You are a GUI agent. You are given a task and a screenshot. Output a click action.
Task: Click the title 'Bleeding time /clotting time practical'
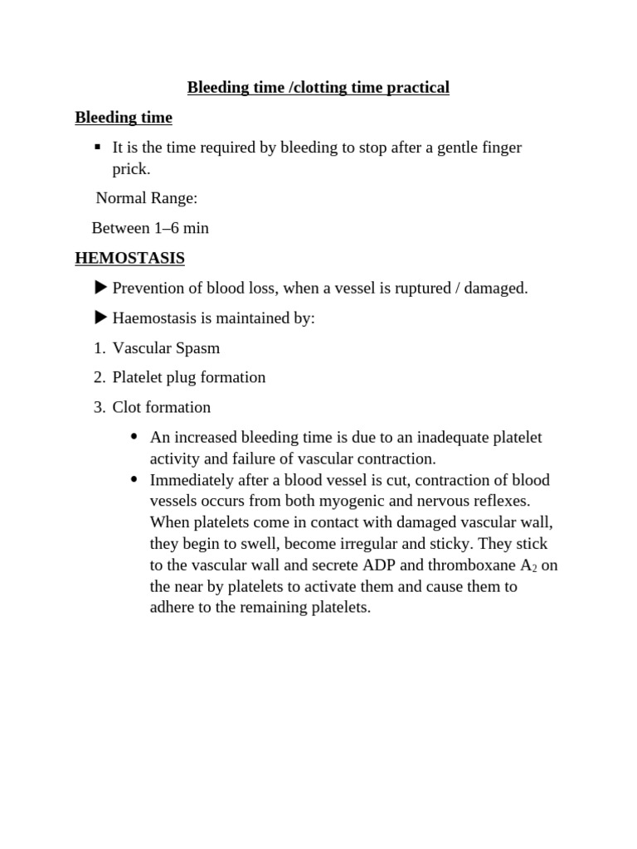point(318,88)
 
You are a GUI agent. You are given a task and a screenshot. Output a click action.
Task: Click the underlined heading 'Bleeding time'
point(124,118)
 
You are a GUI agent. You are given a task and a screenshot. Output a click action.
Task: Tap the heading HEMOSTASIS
point(129,259)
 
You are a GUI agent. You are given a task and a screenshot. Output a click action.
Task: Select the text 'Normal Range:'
point(147,198)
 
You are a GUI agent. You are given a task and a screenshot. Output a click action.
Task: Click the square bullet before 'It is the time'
point(97,147)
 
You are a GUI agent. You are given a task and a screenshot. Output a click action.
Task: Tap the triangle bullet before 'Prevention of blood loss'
point(101,288)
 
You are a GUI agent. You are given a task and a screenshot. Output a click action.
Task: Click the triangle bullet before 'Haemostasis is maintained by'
point(101,318)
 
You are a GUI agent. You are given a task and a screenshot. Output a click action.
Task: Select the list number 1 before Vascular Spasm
point(98,348)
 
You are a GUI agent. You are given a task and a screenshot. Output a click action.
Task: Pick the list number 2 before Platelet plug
point(98,378)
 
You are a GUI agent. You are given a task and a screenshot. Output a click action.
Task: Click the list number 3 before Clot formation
point(98,408)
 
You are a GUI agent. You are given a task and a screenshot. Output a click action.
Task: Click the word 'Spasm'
point(197,348)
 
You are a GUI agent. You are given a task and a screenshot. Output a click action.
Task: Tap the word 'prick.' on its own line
point(131,169)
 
